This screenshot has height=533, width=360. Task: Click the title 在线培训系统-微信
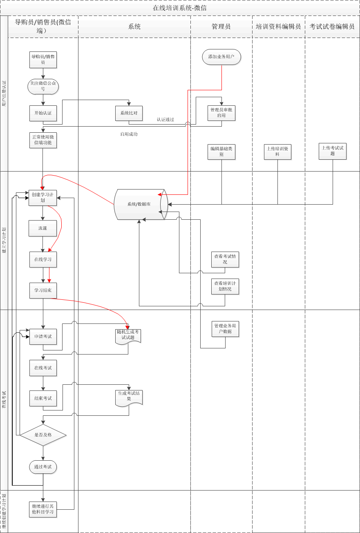point(180,8)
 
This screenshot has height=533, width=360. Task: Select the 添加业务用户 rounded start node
point(221,57)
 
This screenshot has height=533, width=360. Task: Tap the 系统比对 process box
point(129,113)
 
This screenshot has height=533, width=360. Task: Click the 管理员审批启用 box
point(221,113)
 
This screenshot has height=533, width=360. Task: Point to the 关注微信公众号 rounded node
point(43,86)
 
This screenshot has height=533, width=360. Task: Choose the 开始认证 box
point(43,113)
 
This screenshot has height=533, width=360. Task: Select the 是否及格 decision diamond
point(43,435)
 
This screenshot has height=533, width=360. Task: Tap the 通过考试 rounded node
point(43,467)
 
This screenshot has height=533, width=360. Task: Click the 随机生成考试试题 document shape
point(128,335)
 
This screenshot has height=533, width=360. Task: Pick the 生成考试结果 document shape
point(129,397)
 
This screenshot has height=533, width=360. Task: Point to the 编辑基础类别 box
point(221,152)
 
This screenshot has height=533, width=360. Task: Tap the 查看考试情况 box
point(225,259)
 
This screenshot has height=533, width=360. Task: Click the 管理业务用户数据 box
point(225,329)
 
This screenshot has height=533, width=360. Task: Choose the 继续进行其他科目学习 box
point(43,509)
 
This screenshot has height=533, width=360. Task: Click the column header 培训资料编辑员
point(278,27)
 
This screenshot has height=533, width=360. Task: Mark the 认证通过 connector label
point(165,120)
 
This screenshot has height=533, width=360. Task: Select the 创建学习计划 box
point(42,198)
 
